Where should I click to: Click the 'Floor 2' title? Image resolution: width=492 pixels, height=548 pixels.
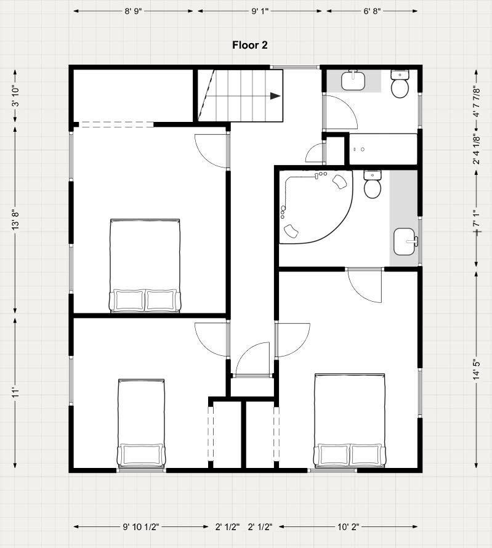click(250, 45)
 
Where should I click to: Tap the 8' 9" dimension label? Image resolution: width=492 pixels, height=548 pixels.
click(134, 11)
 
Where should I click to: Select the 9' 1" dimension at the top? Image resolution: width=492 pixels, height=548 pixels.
click(260, 11)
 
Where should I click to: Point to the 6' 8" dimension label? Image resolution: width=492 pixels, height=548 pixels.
click(372, 11)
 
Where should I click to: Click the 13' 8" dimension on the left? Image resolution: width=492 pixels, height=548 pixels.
click(15, 220)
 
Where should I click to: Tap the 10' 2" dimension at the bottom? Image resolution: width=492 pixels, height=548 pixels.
click(348, 526)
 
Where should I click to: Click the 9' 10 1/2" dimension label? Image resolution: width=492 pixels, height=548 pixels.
click(141, 526)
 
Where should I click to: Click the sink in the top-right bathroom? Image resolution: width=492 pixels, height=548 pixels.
click(353, 81)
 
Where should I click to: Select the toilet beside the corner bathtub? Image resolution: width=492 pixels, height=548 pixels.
click(373, 185)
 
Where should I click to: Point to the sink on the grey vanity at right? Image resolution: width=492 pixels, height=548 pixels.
click(405, 241)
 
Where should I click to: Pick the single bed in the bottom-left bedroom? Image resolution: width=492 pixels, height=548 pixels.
click(141, 423)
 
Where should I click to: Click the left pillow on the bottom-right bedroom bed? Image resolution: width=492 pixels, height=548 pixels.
click(333, 454)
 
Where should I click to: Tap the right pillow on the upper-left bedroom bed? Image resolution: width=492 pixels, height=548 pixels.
click(161, 300)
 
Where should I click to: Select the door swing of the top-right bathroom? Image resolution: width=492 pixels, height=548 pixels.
click(341, 112)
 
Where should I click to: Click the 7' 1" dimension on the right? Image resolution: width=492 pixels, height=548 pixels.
click(477, 219)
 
